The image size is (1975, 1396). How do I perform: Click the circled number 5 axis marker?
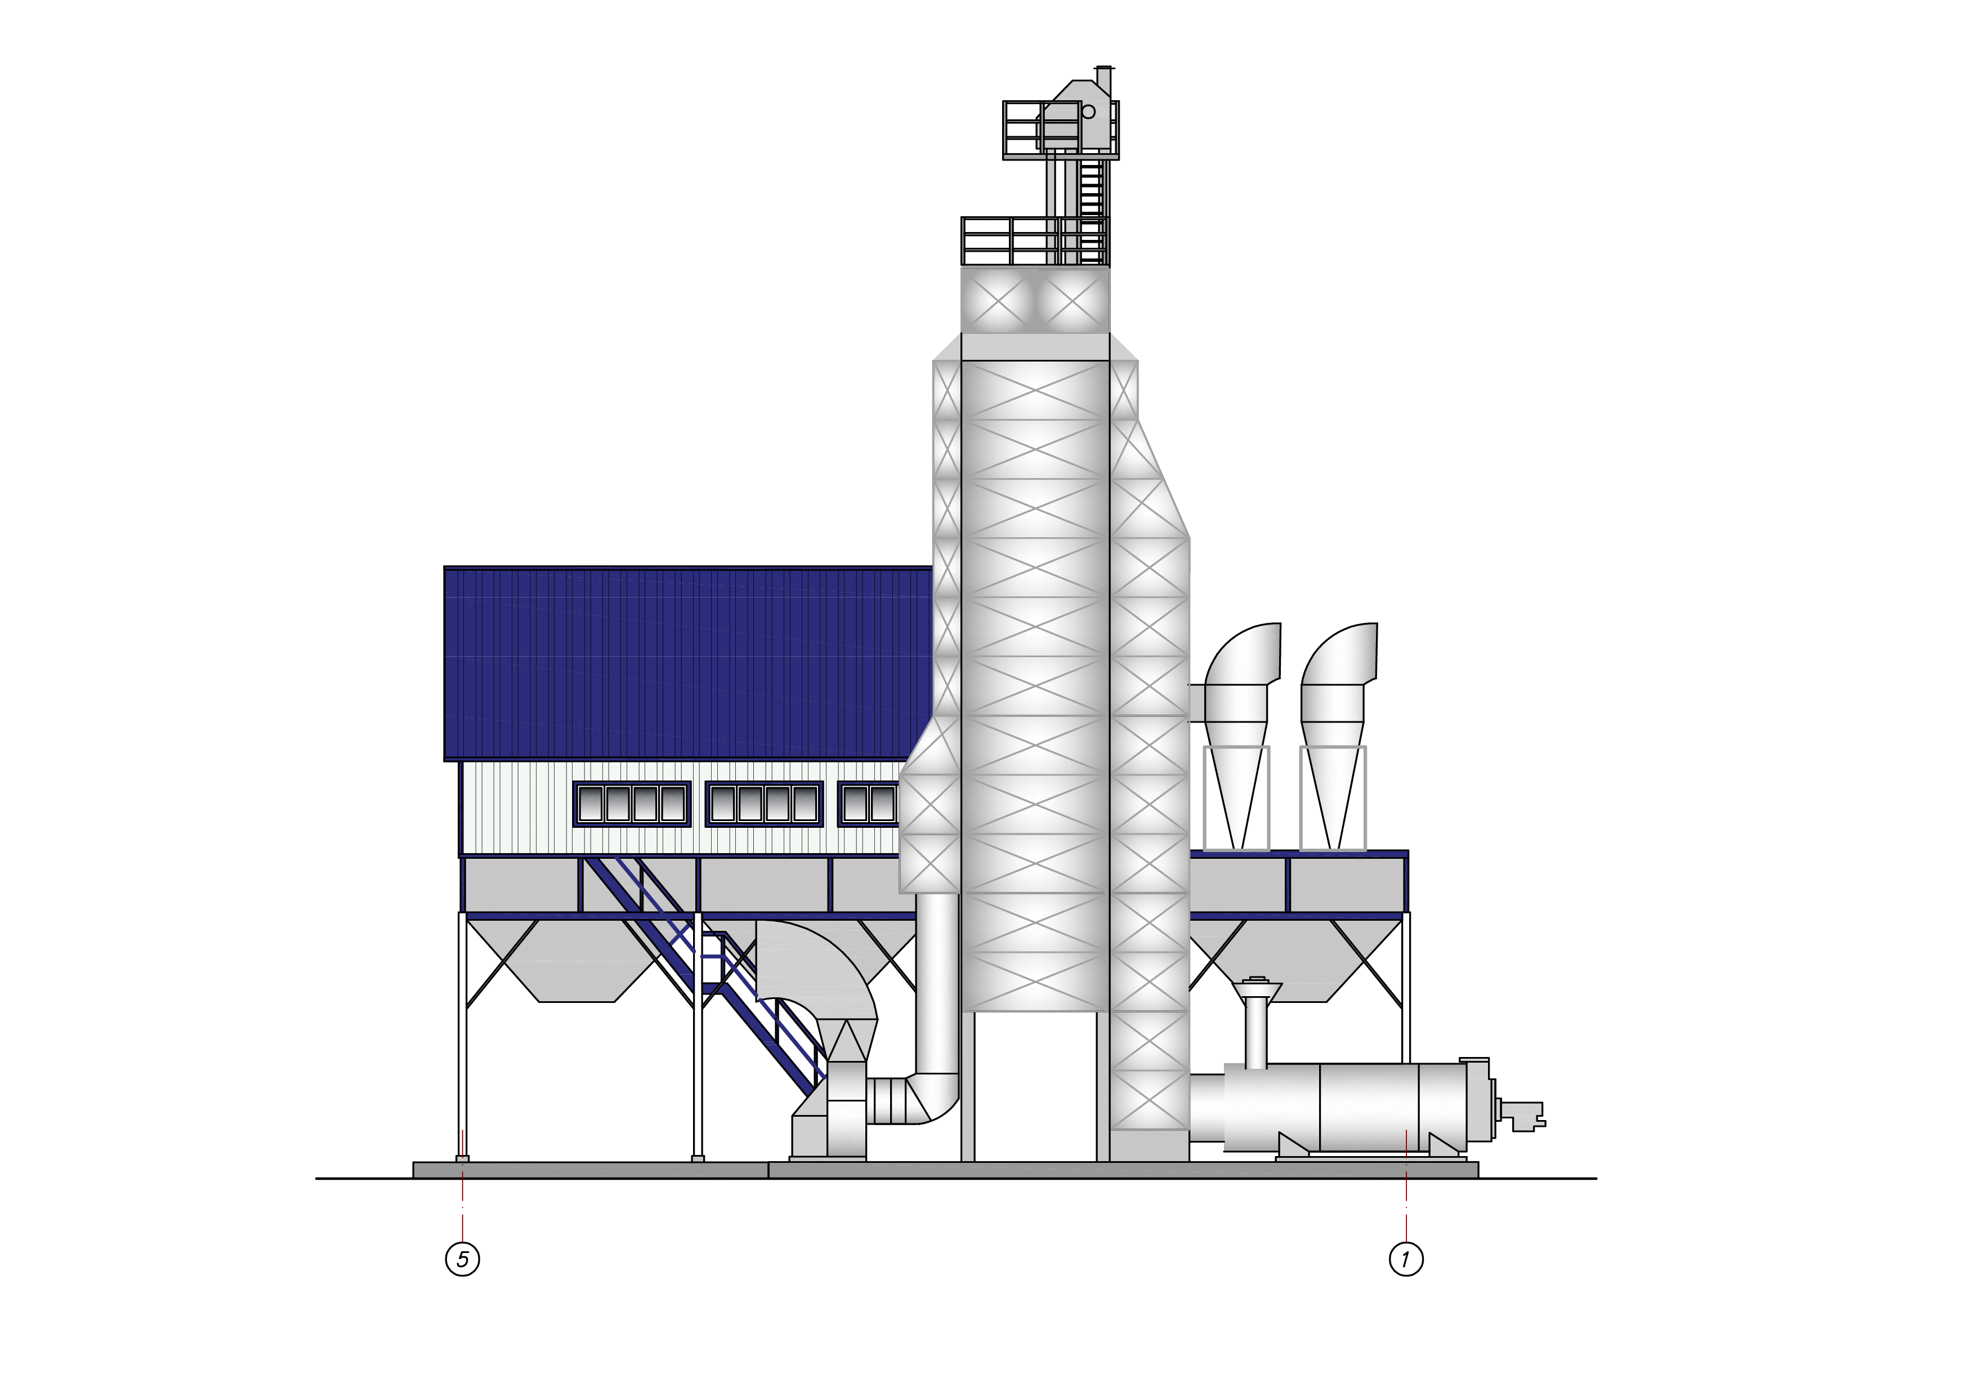(x=463, y=1259)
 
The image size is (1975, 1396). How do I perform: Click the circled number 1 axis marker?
(x=1406, y=1259)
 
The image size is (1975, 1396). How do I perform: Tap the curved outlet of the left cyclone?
(x=1243, y=654)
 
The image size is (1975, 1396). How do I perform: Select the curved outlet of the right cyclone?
(x=1339, y=654)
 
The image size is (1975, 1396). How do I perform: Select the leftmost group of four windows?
(x=632, y=804)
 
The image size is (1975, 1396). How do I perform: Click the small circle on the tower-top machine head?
(x=1088, y=112)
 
